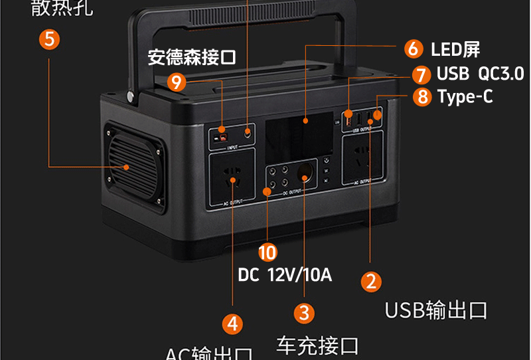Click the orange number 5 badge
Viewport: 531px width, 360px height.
point(49,39)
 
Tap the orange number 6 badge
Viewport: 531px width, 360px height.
point(413,48)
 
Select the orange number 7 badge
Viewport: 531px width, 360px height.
point(421,74)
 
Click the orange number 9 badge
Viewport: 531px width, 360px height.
point(176,82)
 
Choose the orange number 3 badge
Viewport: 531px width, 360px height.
point(303,312)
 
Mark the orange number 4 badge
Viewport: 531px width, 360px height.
point(232,323)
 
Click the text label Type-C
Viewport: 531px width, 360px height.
point(465,97)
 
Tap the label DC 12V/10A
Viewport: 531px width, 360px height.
point(284,274)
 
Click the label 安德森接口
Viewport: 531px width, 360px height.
point(192,56)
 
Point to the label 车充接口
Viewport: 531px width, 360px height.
point(317,345)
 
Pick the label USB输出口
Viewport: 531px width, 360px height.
point(436,310)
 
